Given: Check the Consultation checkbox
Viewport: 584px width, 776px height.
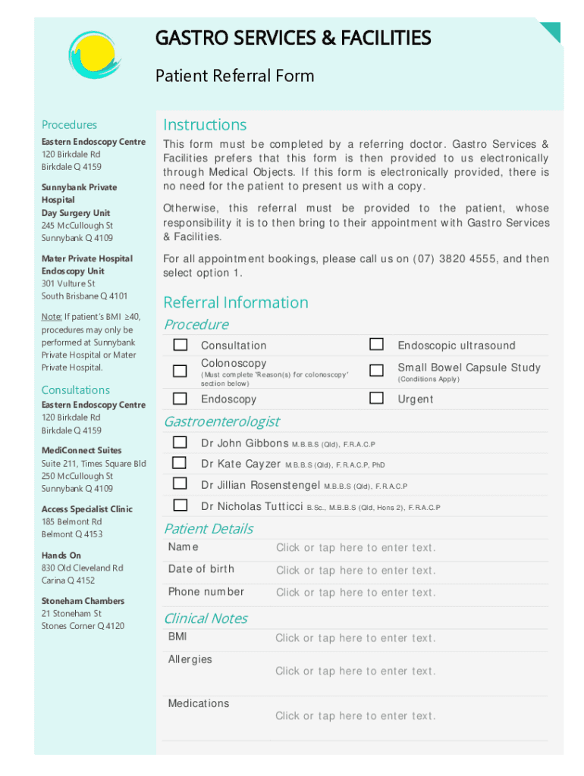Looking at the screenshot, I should point(180,345).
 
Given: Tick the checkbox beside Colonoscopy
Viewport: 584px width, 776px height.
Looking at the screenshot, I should point(180,371).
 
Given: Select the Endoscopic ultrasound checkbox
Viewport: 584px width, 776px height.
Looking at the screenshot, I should point(376,345).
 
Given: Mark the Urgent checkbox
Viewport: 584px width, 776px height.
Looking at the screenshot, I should point(376,398).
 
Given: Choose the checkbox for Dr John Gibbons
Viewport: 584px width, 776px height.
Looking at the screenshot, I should point(180,443).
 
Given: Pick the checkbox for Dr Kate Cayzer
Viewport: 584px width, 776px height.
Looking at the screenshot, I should point(180,463).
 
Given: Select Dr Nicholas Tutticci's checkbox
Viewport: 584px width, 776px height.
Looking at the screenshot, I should point(180,505).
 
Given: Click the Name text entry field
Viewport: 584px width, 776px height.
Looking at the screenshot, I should point(355,548).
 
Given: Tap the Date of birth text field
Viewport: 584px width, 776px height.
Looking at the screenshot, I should point(355,571).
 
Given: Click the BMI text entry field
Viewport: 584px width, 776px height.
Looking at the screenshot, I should point(355,638).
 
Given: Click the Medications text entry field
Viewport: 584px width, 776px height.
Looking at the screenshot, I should point(355,716).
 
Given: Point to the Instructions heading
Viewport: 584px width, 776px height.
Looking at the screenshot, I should point(205,125).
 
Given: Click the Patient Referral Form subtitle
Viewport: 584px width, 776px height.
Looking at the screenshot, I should point(234,76).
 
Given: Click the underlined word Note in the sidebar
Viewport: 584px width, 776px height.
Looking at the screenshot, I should point(52,317).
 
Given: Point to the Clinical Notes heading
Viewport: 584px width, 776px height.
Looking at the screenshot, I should point(206,618).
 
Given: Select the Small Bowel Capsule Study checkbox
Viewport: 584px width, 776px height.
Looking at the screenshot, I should point(376,371).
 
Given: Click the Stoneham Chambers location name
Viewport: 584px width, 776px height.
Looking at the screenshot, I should point(83,601).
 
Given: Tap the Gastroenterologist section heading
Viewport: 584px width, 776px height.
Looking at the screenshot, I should point(221,421).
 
